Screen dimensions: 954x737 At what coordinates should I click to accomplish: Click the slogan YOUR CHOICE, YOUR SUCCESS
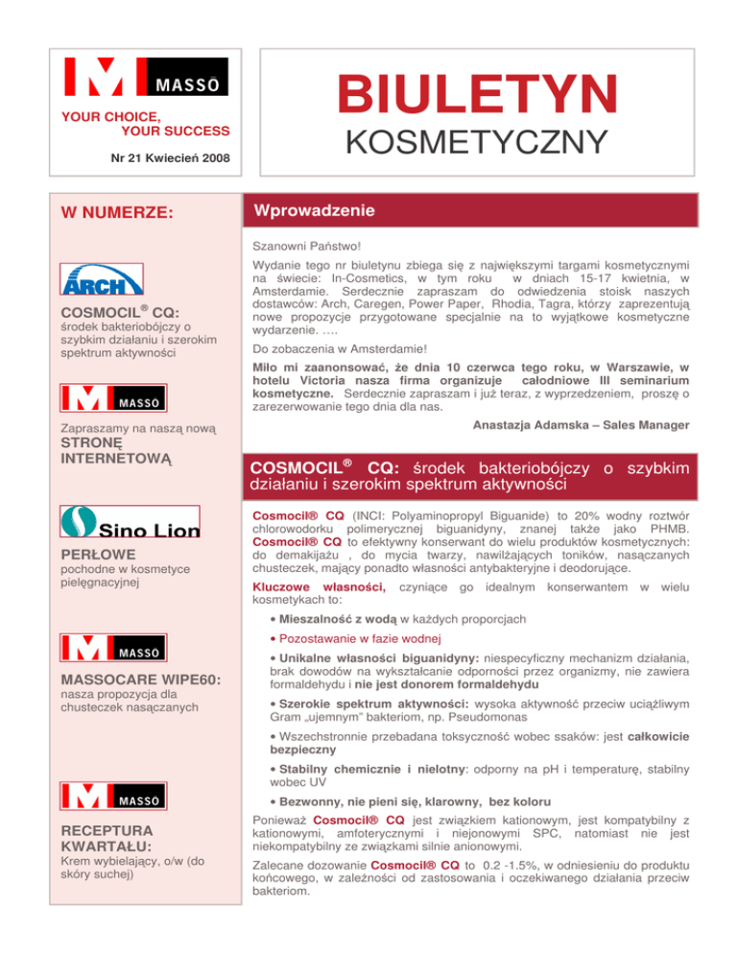click(x=146, y=123)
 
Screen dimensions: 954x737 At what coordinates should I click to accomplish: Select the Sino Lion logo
click(x=131, y=522)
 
